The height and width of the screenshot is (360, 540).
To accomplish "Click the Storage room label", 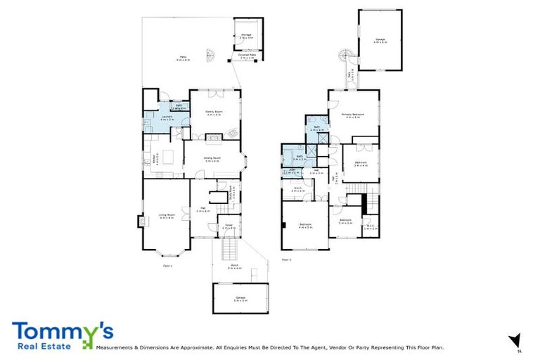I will (x=246, y=34).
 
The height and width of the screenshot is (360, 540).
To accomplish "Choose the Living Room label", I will (x=166, y=217).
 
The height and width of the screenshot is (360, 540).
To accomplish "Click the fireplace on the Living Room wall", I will (x=141, y=221).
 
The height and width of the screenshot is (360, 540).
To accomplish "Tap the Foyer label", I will (x=229, y=226).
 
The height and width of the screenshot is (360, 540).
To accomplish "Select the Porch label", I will (x=234, y=267).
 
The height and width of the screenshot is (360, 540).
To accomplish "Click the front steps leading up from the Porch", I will (x=229, y=248).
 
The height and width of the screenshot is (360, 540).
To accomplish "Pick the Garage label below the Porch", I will (x=240, y=299).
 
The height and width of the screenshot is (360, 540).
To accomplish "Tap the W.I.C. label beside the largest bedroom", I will (x=297, y=189).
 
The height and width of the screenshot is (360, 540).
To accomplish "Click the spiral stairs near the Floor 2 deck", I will (x=343, y=56).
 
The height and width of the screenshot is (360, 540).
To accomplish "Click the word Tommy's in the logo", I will (x=61, y=331).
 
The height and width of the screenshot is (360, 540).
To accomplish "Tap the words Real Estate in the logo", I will (x=44, y=345).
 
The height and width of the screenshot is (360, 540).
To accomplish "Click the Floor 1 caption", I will (x=167, y=265).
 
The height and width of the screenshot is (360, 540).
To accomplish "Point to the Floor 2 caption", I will (x=286, y=259).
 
